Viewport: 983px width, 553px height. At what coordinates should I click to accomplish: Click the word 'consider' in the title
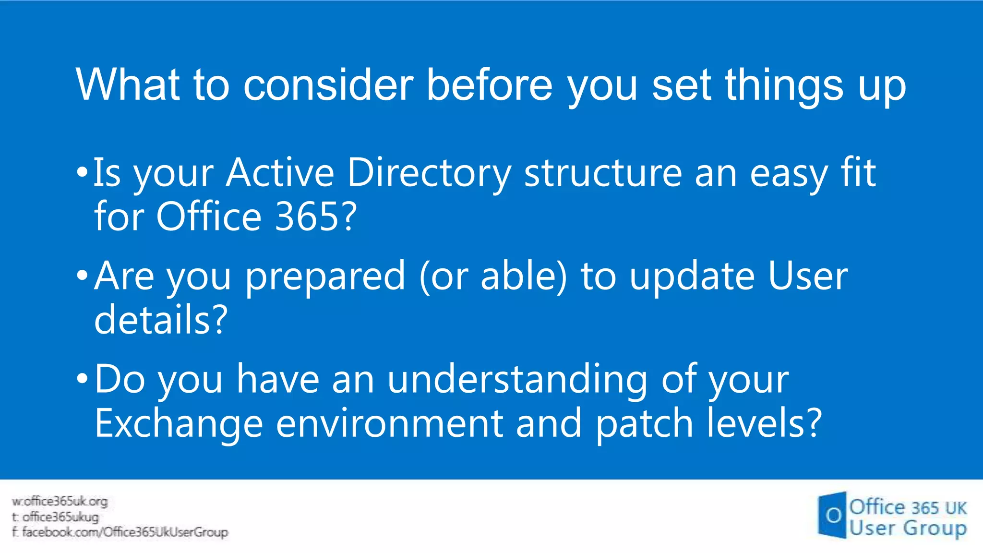tap(328, 85)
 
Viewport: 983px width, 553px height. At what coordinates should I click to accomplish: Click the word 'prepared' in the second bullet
tap(325, 277)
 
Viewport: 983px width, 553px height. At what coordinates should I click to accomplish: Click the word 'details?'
tap(161, 320)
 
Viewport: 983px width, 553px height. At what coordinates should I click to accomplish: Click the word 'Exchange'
tap(179, 423)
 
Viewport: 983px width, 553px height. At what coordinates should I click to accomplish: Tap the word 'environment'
tap(389, 424)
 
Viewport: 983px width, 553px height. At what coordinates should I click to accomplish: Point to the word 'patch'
tap(644, 424)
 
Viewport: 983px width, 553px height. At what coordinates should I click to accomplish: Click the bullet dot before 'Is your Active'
tap(82, 172)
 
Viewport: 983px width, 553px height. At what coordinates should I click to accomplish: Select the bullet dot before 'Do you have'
tap(82, 378)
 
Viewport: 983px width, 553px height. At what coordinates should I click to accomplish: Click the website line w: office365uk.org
tap(60, 501)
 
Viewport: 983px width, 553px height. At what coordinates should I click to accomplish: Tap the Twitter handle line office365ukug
tap(56, 517)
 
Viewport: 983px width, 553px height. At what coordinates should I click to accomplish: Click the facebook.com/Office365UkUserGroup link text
tap(120, 532)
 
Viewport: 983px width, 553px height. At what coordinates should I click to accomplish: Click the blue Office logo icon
tap(832, 515)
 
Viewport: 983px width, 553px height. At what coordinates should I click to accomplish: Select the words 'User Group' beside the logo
tap(907, 528)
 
